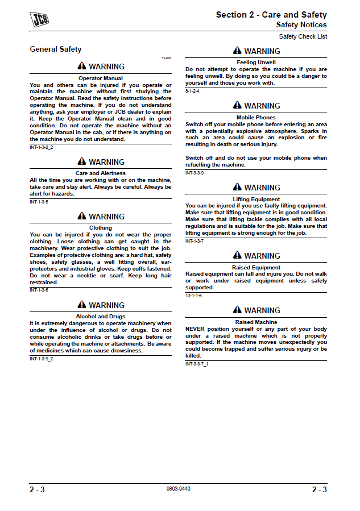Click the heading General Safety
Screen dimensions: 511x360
[x=56, y=49]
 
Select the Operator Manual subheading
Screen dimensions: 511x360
[x=101, y=78]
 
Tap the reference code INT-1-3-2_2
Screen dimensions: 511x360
[x=41, y=147]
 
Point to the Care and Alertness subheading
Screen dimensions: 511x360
[x=101, y=173]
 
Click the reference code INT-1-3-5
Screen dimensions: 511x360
[x=39, y=202]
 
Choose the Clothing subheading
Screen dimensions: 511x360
[x=101, y=228]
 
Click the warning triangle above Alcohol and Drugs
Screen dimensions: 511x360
[x=82, y=305]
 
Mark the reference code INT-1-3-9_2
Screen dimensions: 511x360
[x=41, y=359]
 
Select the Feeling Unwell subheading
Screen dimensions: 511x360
[x=256, y=63]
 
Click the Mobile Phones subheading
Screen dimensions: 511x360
[x=256, y=118]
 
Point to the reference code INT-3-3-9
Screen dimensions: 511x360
[x=195, y=173]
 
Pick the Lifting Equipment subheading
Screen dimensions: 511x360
[x=256, y=200]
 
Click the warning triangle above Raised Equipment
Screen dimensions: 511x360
[x=237, y=256]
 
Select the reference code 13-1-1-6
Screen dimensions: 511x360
[x=193, y=296]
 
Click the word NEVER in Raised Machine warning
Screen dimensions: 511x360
[x=196, y=329]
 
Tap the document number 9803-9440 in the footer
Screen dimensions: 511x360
[x=178, y=489]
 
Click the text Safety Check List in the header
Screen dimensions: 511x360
[x=303, y=37]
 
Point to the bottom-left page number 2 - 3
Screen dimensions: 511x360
[x=38, y=490]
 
